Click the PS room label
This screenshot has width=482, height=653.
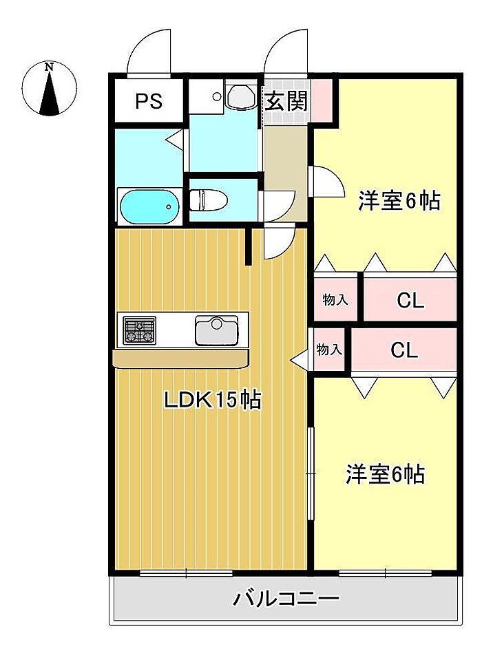tap(149, 100)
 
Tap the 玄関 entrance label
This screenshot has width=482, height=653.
tap(286, 100)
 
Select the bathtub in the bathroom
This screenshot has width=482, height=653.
tap(149, 206)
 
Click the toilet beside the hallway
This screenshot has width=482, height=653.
tap(208, 200)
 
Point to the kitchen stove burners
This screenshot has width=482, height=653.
tap(140, 330)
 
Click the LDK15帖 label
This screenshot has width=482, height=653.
tap(213, 400)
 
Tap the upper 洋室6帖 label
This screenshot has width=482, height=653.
tap(399, 201)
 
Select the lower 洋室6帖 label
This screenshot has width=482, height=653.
tap(386, 474)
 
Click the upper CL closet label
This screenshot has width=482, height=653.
tap(410, 300)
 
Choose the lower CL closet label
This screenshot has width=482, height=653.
tap(404, 350)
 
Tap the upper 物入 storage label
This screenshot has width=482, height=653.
tap(335, 299)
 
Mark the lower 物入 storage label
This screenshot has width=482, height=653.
tap(329, 350)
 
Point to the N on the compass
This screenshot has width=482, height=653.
tap(50, 67)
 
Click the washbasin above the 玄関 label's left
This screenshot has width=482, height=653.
tap(241, 96)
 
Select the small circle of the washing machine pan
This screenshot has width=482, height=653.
tap(216, 96)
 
